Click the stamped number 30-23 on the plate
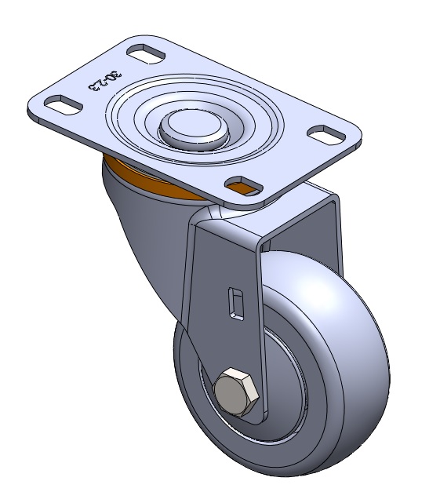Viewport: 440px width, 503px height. [105, 82]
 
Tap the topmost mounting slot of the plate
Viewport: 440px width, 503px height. [146, 54]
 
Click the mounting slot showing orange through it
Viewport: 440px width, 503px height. [244, 185]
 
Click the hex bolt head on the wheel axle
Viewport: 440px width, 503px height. [237, 392]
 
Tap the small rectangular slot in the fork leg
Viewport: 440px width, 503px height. [235, 304]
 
